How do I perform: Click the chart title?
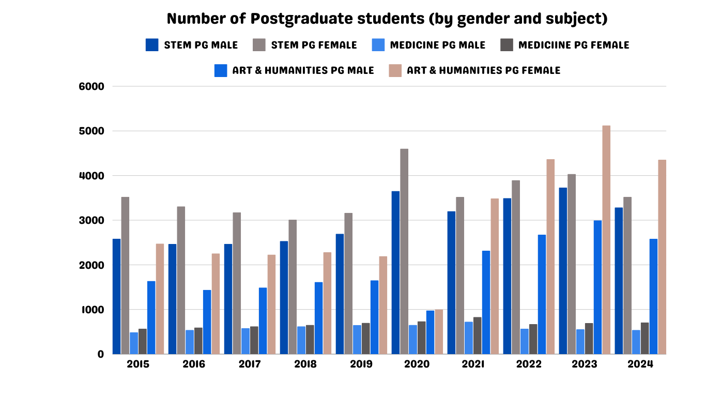click(387, 19)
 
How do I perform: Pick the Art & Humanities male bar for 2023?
click(597, 287)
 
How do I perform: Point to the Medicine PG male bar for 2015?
click(134, 343)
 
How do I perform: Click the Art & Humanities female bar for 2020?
click(439, 332)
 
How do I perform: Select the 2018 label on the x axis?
click(305, 364)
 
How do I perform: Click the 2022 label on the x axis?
click(529, 364)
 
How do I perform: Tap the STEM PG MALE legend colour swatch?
click(152, 45)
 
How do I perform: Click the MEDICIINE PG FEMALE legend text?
click(574, 45)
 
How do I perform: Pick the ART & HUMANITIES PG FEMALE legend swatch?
click(395, 70)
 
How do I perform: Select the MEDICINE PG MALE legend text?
click(438, 45)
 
